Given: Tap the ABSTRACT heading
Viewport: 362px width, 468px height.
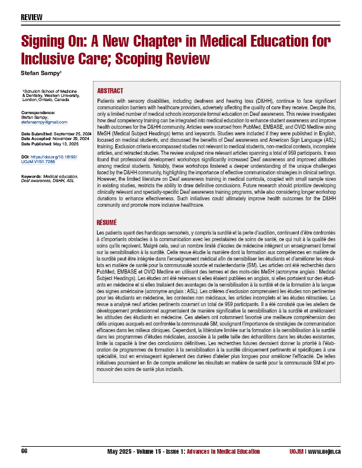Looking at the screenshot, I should [x=110, y=91].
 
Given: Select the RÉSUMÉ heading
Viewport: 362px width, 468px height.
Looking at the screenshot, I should [x=108, y=223].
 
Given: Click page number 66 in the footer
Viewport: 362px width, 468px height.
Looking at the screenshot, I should [x=24, y=451].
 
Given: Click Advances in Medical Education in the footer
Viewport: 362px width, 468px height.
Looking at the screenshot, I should [x=227, y=451].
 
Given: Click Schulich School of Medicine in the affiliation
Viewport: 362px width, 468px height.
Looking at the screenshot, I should [x=48, y=92].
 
